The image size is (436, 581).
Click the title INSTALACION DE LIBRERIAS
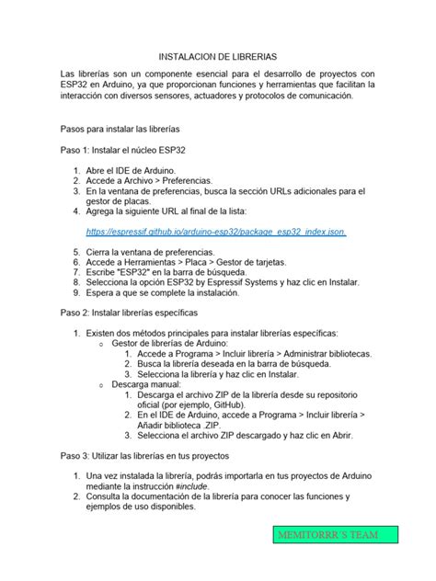(x=218, y=57)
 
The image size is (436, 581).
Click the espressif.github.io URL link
(x=215, y=233)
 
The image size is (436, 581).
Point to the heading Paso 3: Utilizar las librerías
(x=143, y=455)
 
